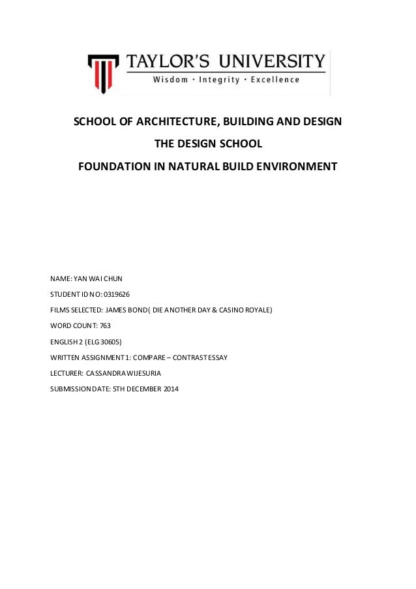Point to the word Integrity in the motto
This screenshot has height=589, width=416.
(225, 80)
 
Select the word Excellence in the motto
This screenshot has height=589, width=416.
(276, 80)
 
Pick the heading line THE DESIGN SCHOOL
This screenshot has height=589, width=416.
(208, 143)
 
